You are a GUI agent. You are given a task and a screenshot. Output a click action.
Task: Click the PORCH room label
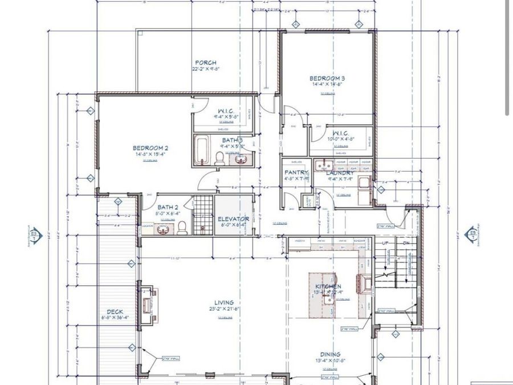click(x=205, y=63)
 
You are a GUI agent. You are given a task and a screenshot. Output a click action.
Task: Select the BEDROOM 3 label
click(x=327, y=78)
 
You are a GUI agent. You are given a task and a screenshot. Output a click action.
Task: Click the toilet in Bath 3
click(x=220, y=159)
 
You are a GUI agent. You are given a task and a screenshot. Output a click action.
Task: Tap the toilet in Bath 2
click(x=182, y=228)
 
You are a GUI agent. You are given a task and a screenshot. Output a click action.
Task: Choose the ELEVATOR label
click(x=233, y=218)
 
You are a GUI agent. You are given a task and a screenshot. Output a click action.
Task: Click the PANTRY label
click(x=296, y=172)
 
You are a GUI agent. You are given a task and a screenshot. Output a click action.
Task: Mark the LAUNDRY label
click(x=341, y=172)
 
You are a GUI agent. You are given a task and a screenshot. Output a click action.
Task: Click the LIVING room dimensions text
click(x=223, y=309)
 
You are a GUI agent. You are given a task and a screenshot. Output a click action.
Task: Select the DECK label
click(x=115, y=312)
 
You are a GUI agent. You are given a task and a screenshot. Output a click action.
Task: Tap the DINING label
click(x=330, y=354)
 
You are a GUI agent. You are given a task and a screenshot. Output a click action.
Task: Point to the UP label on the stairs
click(x=385, y=242)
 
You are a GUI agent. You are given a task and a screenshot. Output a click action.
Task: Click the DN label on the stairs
click(x=406, y=242)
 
